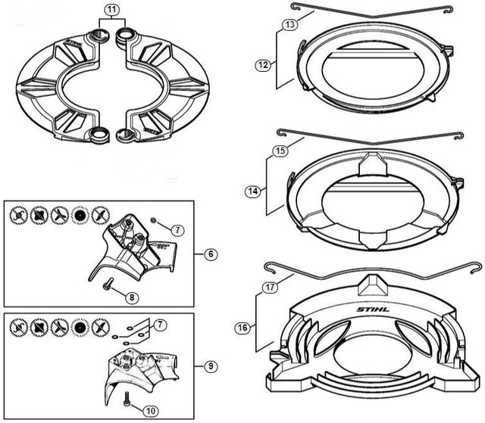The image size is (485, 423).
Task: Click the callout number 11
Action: (111, 11)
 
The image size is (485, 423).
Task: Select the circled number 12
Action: (263, 65)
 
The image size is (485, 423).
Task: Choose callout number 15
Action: (280, 151)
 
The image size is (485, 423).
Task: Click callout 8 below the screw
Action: (131, 297)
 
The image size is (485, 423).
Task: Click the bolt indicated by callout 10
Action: (127, 396)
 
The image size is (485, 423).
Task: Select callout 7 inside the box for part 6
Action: (176, 229)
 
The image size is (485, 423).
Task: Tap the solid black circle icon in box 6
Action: (78, 216)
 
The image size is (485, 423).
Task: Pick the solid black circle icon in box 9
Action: (78, 328)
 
